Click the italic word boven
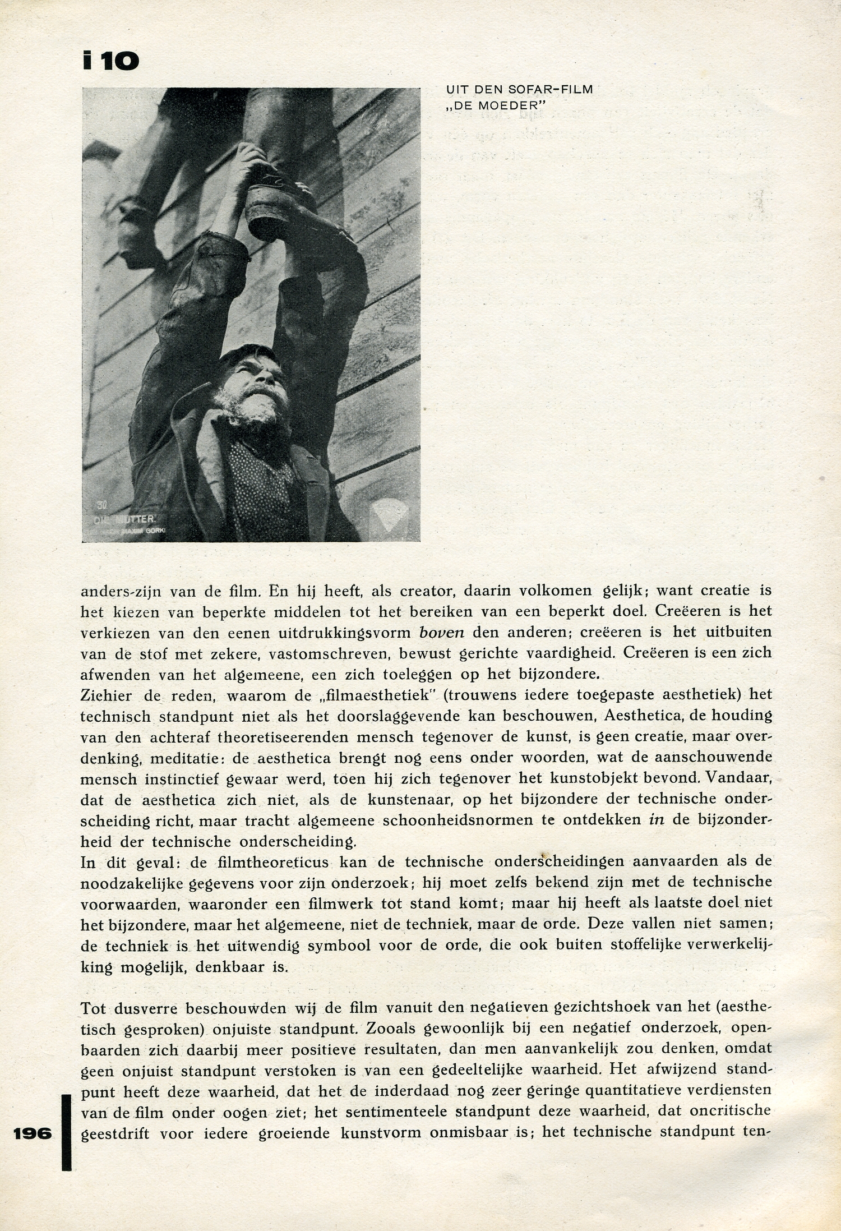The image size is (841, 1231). (x=442, y=632)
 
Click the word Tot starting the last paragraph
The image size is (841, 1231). (x=93, y=1008)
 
